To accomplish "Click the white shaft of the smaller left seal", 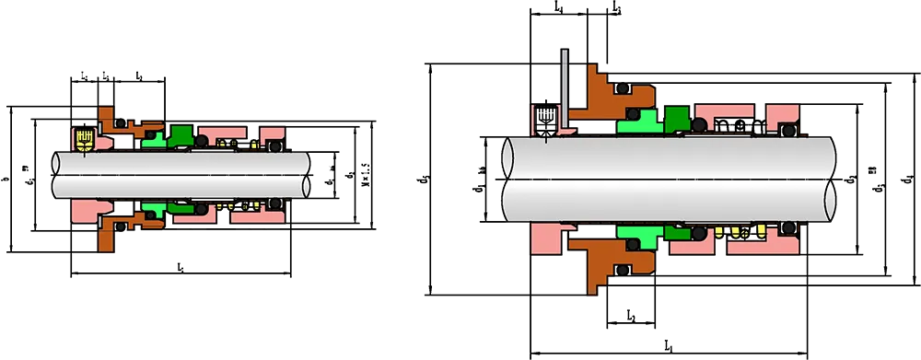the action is (184, 173).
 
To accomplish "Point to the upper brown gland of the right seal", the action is (599, 97).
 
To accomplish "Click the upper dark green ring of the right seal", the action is (678, 118).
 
